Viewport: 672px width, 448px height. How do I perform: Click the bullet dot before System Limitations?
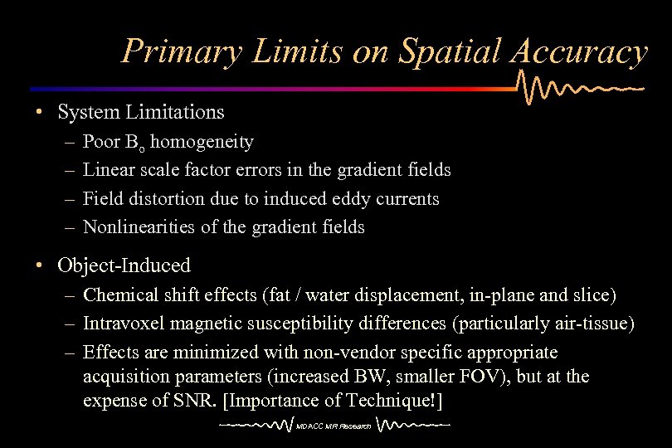point(39,111)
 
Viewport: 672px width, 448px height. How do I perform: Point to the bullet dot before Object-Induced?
point(39,265)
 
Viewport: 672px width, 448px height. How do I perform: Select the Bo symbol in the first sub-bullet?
point(135,142)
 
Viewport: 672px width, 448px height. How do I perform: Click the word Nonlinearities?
point(133,226)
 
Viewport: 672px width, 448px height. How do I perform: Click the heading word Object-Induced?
point(124,265)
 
